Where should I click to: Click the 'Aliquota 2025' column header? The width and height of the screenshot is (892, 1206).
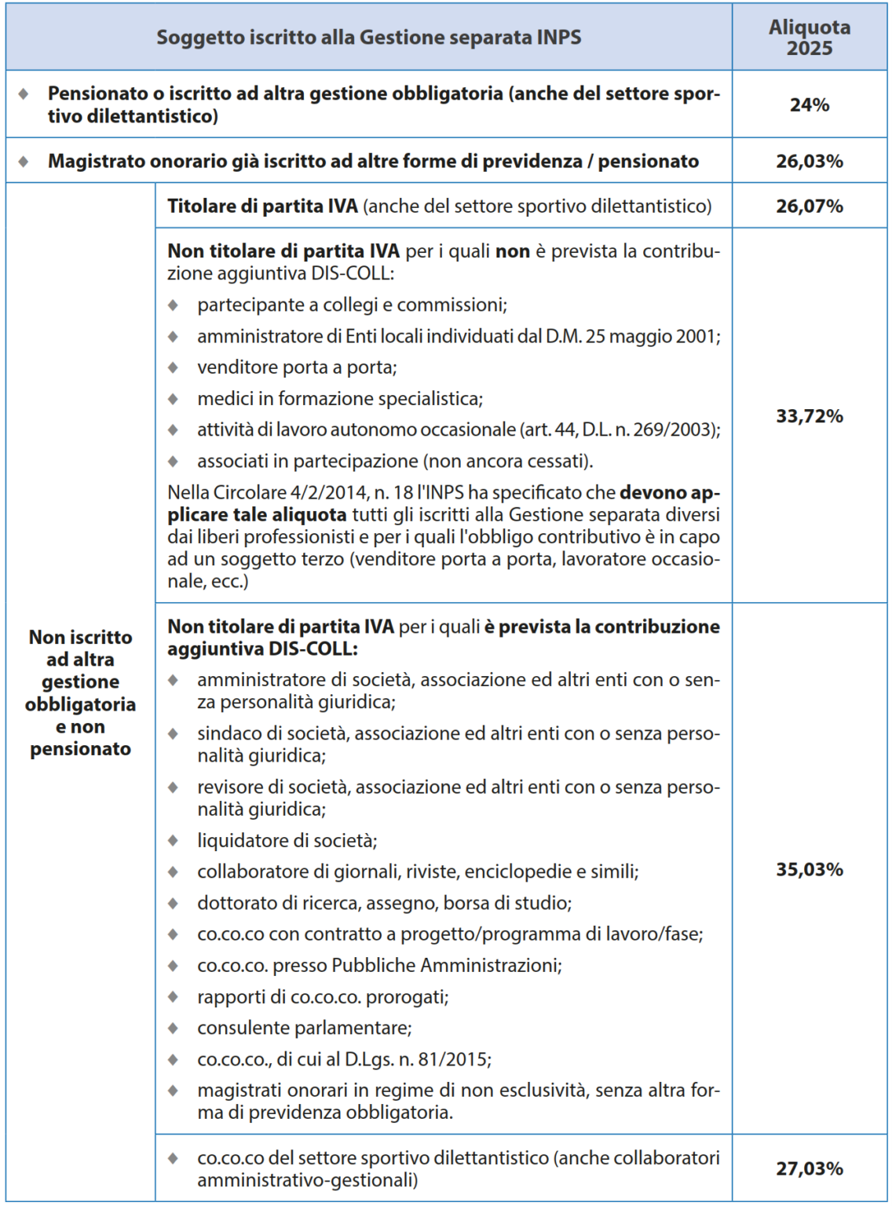pyautogui.click(x=810, y=37)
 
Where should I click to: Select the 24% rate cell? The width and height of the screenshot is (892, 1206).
pyautogui.click(x=810, y=104)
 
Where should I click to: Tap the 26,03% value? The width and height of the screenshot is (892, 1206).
pyautogui.click(x=810, y=161)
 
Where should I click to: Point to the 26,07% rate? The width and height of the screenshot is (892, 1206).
pyautogui.click(x=810, y=206)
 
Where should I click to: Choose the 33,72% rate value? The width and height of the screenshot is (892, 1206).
pyautogui.click(x=810, y=416)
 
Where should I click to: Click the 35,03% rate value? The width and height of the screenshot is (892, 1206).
pyautogui.click(x=810, y=869)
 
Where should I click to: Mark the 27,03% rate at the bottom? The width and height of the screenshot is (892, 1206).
pyautogui.click(x=810, y=1168)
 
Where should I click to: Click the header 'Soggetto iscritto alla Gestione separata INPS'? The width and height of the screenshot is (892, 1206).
pyautogui.click(x=368, y=37)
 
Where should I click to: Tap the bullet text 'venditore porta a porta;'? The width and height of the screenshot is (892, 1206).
pyautogui.click(x=297, y=367)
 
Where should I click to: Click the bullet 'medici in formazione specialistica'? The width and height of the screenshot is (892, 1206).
pyautogui.click(x=339, y=399)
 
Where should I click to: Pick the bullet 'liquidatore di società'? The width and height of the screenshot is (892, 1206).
pyautogui.click(x=287, y=841)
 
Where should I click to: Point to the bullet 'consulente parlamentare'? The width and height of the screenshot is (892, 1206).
pyautogui.click(x=304, y=1028)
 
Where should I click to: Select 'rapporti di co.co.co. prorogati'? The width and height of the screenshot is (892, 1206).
pyautogui.click(x=323, y=997)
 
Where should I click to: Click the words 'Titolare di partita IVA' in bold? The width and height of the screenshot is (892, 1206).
pyautogui.click(x=262, y=206)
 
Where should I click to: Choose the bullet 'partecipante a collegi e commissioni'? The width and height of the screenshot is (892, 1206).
pyautogui.click(x=352, y=305)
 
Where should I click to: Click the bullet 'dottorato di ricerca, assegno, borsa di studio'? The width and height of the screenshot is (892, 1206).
pyautogui.click(x=384, y=903)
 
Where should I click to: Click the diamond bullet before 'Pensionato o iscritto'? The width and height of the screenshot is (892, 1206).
pyautogui.click(x=24, y=93)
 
